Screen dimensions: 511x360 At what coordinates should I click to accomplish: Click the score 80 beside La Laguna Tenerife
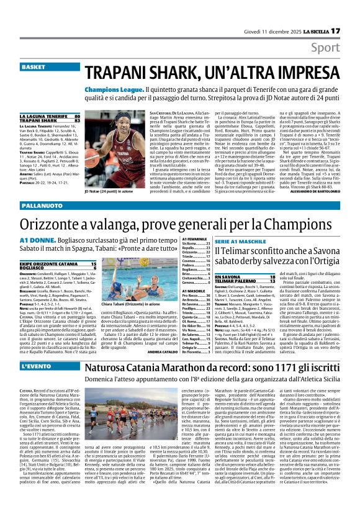(x=77, y=116)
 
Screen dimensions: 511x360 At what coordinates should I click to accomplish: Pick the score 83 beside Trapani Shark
(x=77, y=120)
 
